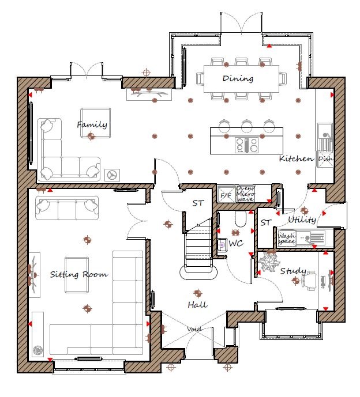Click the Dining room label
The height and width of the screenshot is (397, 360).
click(x=238, y=78)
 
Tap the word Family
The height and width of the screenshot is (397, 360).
click(x=92, y=124)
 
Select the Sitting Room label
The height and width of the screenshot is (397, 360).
click(x=79, y=274)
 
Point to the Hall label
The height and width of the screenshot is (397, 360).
click(x=198, y=304)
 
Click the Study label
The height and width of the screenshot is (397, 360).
click(x=293, y=271)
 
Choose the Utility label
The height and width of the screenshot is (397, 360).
click(x=302, y=220)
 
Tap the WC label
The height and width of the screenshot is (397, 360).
click(x=236, y=243)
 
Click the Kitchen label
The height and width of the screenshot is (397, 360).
click(x=296, y=158)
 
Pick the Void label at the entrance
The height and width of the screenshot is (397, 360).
click(x=194, y=329)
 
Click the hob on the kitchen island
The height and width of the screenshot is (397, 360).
click(x=246, y=145)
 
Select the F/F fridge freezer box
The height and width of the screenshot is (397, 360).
click(x=226, y=194)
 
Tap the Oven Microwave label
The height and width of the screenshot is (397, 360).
click(x=245, y=194)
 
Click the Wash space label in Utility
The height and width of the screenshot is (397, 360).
click(x=287, y=239)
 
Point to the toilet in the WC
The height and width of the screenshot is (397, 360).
click(x=240, y=219)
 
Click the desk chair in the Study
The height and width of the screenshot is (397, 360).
click(x=309, y=280)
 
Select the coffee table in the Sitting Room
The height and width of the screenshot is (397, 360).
click(x=77, y=275)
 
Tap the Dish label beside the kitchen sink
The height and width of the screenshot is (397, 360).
click(x=325, y=159)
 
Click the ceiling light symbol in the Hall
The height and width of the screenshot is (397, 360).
click(x=198, y=293)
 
